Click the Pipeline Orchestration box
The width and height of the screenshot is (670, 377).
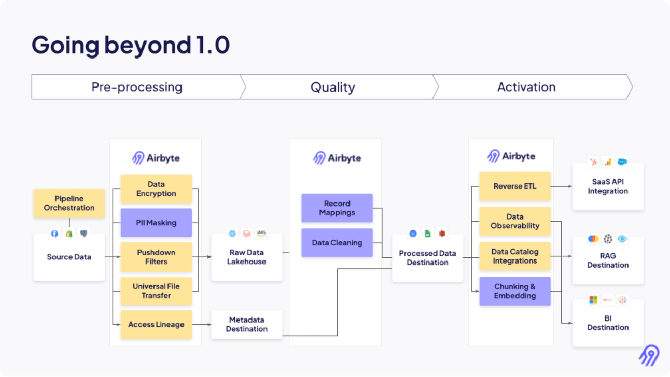(69, 203)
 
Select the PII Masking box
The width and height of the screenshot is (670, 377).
(156, 223)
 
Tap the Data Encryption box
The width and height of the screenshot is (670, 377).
(156, 189)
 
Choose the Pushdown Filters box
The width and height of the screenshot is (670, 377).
(156, 257)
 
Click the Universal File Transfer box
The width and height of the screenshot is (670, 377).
(156, 291)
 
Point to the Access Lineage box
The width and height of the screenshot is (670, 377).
(156, 324)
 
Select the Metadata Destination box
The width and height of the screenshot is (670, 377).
(246, 324)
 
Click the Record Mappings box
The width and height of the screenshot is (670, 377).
(337, 208)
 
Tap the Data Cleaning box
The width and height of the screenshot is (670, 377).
(337, 242)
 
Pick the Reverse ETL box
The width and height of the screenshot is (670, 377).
(515, 186)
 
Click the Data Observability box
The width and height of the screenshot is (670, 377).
(515, 221)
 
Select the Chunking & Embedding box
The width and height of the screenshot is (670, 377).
(515, 291)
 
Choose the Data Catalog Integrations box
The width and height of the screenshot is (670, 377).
(515, 256)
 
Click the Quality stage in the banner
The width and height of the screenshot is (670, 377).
(333, 87)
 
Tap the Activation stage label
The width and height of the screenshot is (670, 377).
(526, 87)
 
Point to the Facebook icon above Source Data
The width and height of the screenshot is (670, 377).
(54, 234)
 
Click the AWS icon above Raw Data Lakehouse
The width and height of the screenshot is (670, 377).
(261, 233)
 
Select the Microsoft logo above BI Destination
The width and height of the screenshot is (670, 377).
(593, 300)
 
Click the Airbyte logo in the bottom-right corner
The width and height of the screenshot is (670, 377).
(649, 355)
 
